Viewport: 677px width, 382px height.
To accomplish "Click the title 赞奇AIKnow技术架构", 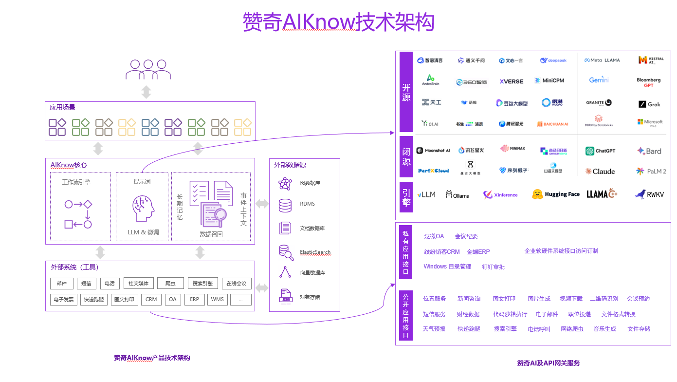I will click(338, 22).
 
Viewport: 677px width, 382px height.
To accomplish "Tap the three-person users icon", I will click(148, 70).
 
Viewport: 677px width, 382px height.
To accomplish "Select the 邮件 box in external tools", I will click(62, 284).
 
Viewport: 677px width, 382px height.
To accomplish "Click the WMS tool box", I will click(217, 299).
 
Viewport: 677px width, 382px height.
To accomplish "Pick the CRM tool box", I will click(151, 299).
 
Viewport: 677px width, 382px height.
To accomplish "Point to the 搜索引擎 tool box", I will click(202, 284).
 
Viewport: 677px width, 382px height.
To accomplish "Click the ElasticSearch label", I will click(315, 252).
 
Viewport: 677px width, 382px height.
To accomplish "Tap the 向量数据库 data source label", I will click(312, 273).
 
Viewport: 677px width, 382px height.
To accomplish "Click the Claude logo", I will click(600, 172).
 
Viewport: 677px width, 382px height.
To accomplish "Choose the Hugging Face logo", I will click(556, 194).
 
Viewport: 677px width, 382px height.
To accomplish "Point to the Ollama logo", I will click(457, 195).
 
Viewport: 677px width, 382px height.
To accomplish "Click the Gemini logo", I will click(599, 80).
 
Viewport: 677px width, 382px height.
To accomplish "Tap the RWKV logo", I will click(649, 194).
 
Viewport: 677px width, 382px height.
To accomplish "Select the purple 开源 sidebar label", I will click(406, 92).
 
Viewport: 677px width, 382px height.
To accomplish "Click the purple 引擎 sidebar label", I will click(406, 197).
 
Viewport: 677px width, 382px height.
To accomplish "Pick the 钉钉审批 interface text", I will click(493, 267).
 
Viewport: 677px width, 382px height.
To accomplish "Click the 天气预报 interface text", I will click(434, 329).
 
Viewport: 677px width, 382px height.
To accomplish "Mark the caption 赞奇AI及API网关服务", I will click(548, 363).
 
